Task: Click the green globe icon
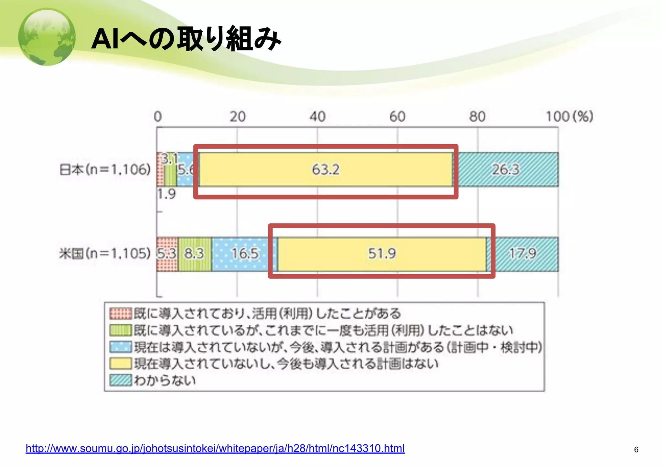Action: click(47, 37)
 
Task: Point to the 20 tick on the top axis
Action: click(238, 117)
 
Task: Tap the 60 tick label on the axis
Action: click(397, 117)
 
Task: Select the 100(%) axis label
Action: click(569, 117)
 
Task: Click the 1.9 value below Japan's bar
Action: click(167, 194)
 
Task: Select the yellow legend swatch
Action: click(121, 363)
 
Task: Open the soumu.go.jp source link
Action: click(215, 449)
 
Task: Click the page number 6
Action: click(636, 450)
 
